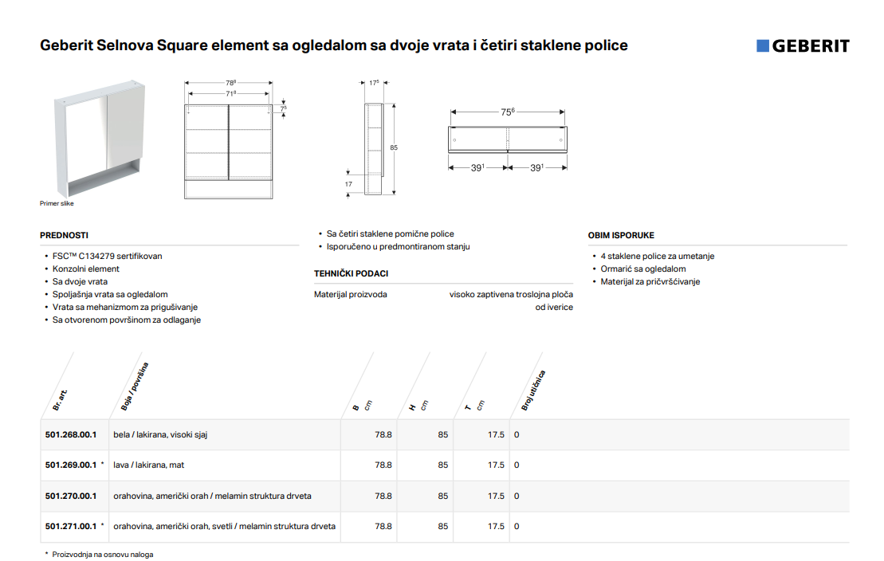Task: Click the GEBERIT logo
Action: [x=803, y=45]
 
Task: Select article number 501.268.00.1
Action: [x=71, y=435]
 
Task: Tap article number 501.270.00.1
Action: [x=71, y=496]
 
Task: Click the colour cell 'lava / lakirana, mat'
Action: [x=149, y=465]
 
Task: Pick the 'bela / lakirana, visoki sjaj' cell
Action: [x=161, y=435]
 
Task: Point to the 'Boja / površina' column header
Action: [x=135, y=386]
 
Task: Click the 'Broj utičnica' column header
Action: [x=533, y=390]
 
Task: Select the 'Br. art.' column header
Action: [x=60, y=400]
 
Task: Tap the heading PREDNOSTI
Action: [x=65, y=235]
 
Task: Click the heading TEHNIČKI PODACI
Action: [x=352, y=273]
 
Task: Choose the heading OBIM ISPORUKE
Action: [x=621, y=235]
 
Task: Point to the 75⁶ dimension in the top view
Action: [x=508, y=112]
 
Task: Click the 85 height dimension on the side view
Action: [x=394, y=147]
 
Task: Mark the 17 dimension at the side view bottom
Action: [x=348, y=184]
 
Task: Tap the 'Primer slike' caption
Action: [x=57, y=203]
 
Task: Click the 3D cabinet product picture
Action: [x=100, y=138]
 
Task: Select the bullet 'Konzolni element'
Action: [x=86, y=269]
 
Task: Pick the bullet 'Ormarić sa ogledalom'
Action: [x=643, y=269]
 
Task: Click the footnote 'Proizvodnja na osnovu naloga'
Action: [x=103, y=555]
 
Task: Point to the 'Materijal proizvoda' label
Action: [x=351, y=294]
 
